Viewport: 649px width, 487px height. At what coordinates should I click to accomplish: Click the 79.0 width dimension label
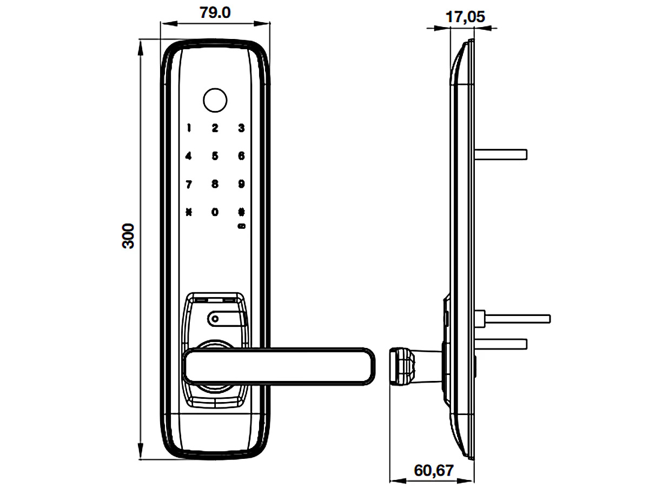point(215,12)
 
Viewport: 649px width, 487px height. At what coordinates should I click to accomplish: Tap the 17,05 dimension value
point(465,17)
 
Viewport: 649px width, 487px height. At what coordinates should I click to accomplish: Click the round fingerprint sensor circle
point(215,100)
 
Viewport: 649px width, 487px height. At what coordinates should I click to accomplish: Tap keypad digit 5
point(215,156)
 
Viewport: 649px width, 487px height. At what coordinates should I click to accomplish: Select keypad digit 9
point(241,184)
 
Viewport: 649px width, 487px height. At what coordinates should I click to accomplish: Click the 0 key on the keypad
point(215,212)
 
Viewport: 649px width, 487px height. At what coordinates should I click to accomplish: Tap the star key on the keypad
point(189,212)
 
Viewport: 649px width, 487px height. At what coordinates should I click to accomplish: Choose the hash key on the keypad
point(241,212)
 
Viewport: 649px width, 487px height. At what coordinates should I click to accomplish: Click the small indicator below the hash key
point(241,226)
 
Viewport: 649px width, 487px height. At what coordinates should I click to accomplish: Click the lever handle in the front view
point(279,366)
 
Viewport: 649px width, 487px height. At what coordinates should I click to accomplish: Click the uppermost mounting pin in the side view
point(500,154)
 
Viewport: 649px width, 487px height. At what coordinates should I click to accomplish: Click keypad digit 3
point(241,128)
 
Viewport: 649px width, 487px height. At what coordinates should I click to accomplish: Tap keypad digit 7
point(189,185)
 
